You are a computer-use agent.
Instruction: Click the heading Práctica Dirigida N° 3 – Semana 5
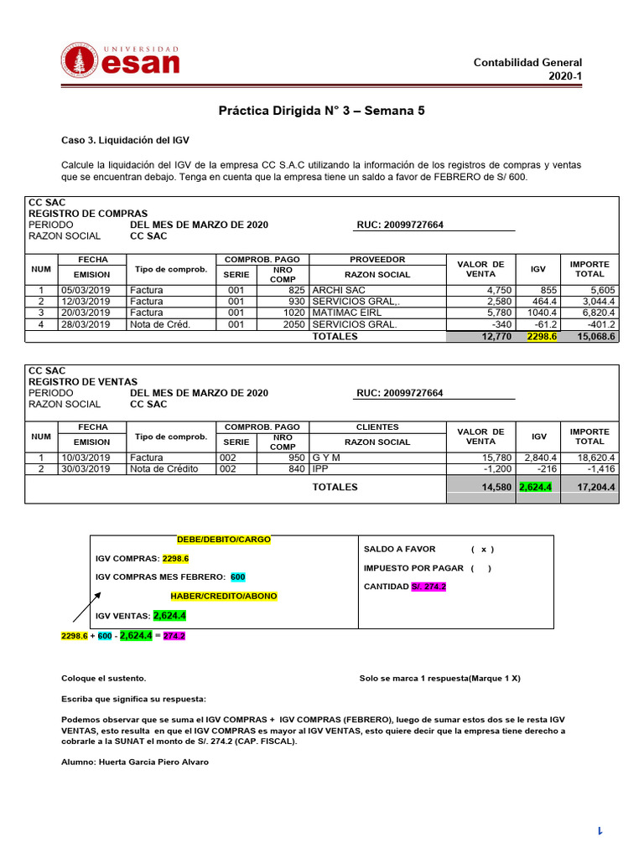click(322, 111)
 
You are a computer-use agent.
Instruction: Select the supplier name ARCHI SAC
click(339, 290)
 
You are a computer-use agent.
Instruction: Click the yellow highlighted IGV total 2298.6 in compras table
click(541, 336)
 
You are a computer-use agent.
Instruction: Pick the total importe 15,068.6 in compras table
click(596, 336)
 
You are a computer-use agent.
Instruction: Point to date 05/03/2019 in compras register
click(86, 290)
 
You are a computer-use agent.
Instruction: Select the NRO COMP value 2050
click(294, 324)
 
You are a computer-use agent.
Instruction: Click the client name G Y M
click(326, 457)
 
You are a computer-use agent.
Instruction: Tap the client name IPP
click(319, 468)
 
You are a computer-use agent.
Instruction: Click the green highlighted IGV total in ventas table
click(536, 487)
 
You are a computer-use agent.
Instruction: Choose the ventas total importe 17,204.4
click(593, 487)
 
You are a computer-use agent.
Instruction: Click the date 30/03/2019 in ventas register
click(86, 468)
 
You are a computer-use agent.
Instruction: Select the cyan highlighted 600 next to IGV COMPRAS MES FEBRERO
click(238, 577)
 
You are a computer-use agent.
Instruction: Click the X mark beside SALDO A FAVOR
click(482, 550)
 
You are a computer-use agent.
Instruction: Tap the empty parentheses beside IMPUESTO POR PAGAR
click(481, 568)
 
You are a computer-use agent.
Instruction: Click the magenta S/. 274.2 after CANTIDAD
click(428, 587)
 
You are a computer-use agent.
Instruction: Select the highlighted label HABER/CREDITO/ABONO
click(224, 596)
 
